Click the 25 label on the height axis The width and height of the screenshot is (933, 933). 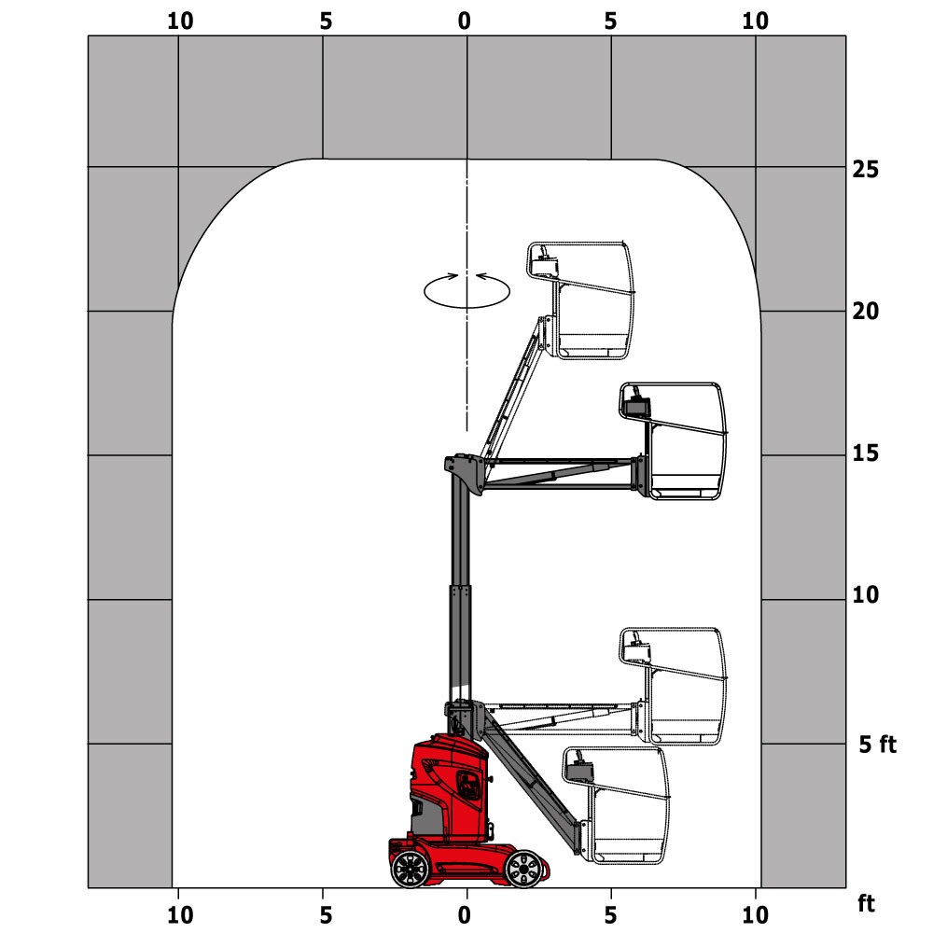tap(865, 170)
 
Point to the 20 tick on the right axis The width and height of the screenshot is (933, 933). tap(865, 312)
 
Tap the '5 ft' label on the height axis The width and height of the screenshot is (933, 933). tap(877, 745)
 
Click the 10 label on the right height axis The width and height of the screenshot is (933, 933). tap(865, 595)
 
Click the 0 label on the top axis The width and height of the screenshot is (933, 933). tap(466, 21)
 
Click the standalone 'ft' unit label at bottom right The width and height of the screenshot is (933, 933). tap(868, 904)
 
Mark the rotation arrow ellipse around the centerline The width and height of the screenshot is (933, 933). tap(466, 290)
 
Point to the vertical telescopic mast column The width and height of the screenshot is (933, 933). tap(459, 597)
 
